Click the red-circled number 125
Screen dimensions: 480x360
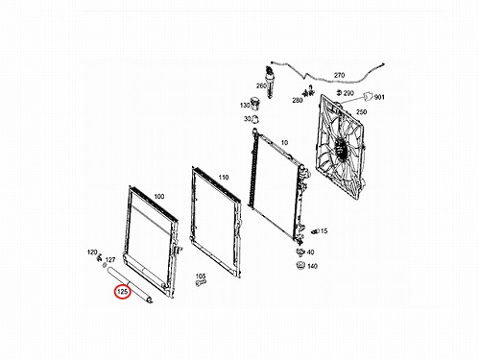[123, 292]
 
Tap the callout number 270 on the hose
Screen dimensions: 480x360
[339, 75]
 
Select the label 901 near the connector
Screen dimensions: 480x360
[379, 97]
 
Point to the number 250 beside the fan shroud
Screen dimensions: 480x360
[361, 111]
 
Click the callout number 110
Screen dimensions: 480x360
[224, 178]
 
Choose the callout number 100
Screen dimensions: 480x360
[159, 197]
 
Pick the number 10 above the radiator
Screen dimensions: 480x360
[284, 143]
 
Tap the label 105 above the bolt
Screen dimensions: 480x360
[201, 276]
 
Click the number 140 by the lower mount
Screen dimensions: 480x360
[312, 266]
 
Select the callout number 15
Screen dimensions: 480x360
[324, 230]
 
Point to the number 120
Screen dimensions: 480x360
[92, 252]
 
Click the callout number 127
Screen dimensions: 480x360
[110, 260]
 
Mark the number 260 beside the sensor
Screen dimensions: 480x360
[261, 85]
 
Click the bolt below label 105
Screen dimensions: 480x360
[201, 283]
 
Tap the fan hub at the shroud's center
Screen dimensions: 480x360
[339, 148]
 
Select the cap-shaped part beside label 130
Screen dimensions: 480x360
[255, 103]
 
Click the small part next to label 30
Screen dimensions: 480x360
[255, 119]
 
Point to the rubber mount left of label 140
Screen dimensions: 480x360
[300, 266]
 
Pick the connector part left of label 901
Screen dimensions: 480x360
[368, 96]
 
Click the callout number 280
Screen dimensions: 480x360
[298, 100]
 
